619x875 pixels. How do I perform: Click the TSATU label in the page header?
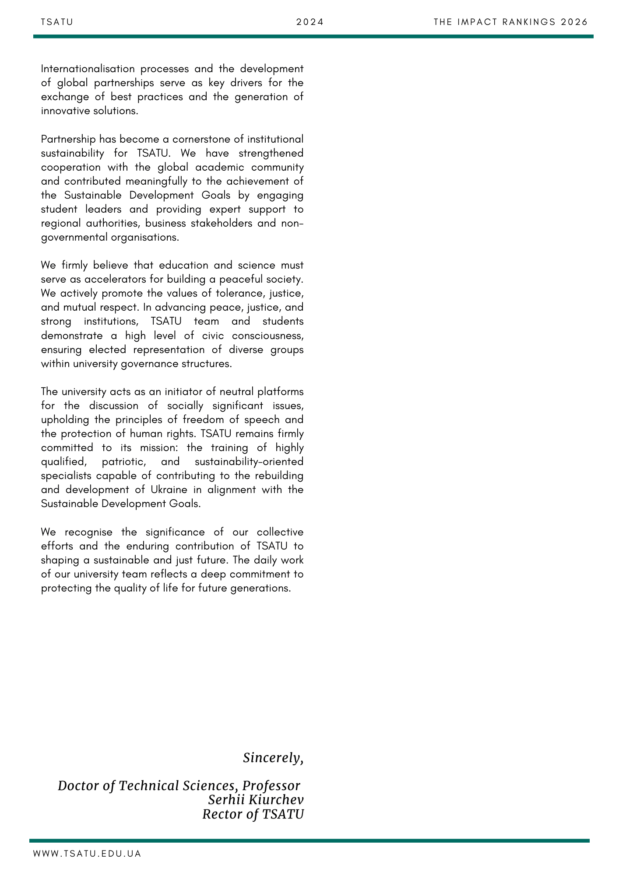click(x=57, y=22)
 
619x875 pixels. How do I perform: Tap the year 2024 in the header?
click(x=310, y=22)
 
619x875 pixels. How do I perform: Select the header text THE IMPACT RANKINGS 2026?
click(x=510, y=22)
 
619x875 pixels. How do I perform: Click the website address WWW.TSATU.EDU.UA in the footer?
click(x=87, y=854)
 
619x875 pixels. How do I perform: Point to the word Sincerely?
click(x=273, y=758)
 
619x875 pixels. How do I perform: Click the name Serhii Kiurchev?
click(x=256, y=800)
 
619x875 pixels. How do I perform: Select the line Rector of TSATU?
click(x=253, y=814)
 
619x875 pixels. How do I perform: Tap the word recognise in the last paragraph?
click(x=88, y=532)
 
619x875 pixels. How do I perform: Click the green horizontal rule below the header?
click(x=313, y=36)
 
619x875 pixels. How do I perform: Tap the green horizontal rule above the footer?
click(x=309, y=840)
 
